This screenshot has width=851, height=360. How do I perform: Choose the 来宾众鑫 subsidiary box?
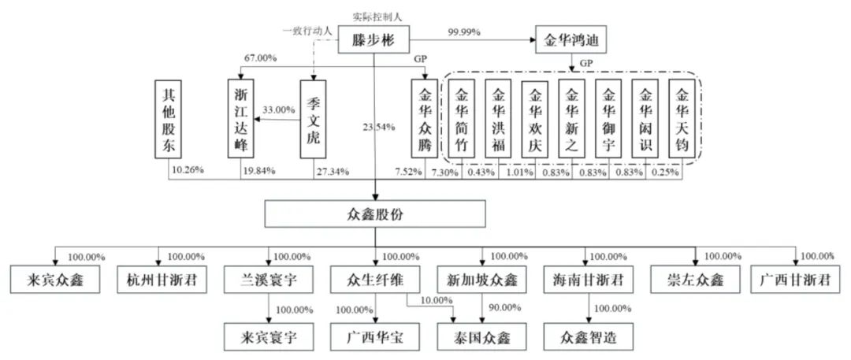pyautogui.click(x=55, y=279)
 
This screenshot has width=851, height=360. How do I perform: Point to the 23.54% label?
pyautogui.click(x=379, y=127)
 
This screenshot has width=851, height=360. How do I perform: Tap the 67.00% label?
pyautogui.click(x=260, y=59)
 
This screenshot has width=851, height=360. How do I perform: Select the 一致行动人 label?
pyautogui.click(x=308, y=30)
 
